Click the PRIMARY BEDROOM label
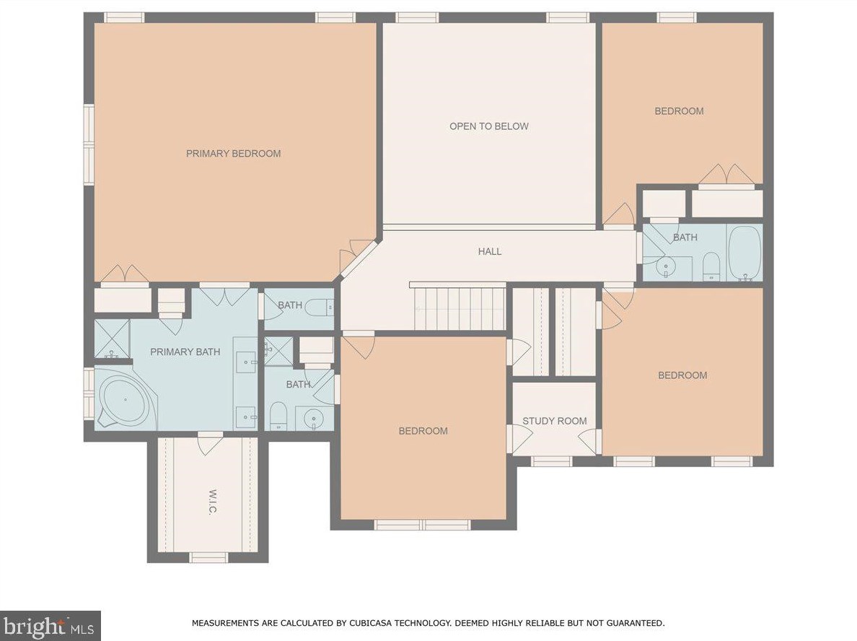[233, 154]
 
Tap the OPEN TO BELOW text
[488, 126]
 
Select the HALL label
[489, 252]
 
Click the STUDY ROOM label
[554, 421]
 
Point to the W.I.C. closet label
[213, 502]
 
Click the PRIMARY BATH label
[185, 352]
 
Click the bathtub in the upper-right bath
[744, 253]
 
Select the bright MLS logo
[50, 625]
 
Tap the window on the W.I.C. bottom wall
[208, 557]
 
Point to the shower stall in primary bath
[112, 339]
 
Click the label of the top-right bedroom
[679, 111]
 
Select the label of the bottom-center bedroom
[423, 431]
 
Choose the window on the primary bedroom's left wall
[89, 144]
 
